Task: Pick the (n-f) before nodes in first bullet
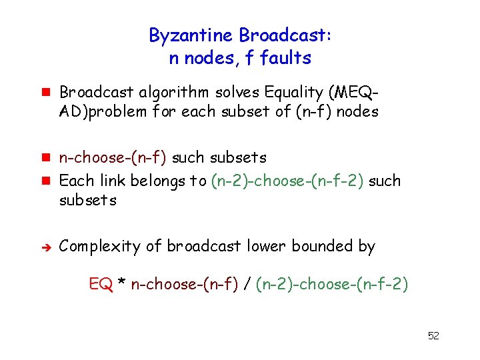314,112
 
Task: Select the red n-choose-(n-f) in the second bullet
113,158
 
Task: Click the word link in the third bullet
113,180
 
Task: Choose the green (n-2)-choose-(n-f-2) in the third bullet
287,180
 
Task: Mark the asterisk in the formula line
121,285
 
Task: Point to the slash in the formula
246,285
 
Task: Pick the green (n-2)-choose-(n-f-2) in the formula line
331,285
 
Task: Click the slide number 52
433,335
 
